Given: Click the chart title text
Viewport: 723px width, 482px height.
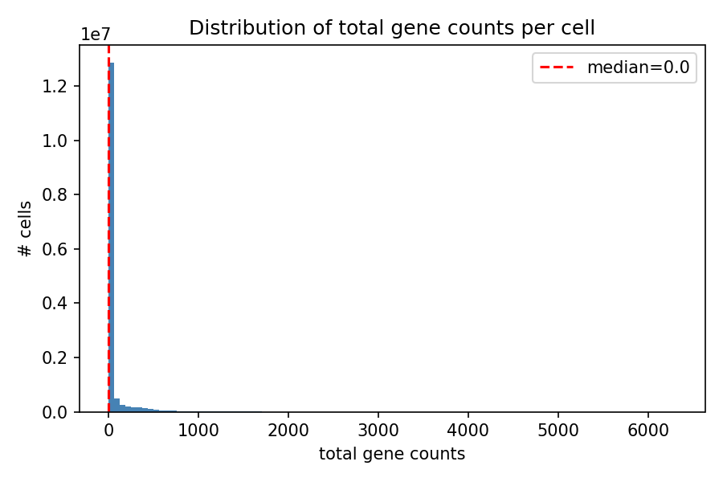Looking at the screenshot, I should pos(392,28).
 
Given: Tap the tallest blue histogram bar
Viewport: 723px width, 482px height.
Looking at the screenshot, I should pos(112,241).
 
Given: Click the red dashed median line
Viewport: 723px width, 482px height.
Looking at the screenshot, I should pos(108,201).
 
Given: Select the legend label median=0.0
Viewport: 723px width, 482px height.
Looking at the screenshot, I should pos(638,67).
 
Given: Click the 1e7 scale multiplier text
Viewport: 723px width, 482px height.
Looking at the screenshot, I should pos(96,35).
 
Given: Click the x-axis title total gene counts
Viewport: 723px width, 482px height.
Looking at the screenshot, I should pos(392,454).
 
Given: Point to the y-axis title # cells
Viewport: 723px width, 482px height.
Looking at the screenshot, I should pos(25,229).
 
